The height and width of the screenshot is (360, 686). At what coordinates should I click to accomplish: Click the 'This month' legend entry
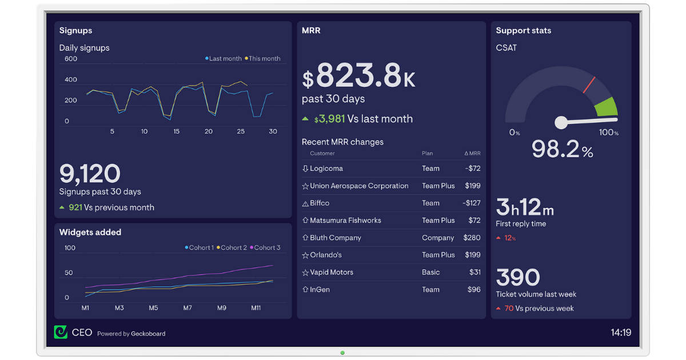pos(264,58)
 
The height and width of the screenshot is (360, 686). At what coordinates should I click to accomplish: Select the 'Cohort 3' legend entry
pos(266,247)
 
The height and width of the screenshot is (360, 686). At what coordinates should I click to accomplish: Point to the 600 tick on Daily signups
pos(71,59)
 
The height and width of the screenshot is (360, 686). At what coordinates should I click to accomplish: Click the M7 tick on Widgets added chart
pos(188,308)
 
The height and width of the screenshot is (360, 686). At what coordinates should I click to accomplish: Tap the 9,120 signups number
pos(90,174)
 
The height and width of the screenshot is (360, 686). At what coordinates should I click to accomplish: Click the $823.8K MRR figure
pos(358,77)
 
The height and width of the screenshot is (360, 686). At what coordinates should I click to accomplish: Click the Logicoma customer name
pos(326,169)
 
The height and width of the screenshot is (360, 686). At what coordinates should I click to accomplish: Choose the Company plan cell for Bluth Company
pos(438,238)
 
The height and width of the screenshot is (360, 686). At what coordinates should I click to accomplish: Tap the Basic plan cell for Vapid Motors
pos(430,272)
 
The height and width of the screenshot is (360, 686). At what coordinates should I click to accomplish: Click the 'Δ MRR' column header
pos(472,153)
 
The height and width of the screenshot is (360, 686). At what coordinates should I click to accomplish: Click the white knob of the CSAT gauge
pos(561,122)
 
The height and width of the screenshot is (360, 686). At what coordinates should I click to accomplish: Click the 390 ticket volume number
pos(517,278)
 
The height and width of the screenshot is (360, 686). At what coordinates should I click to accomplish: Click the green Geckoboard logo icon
pos(61,332)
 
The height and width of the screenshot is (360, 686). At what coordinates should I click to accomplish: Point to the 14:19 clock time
pos(620,332)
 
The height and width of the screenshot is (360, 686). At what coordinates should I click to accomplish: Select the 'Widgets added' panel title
pos(90,232)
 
